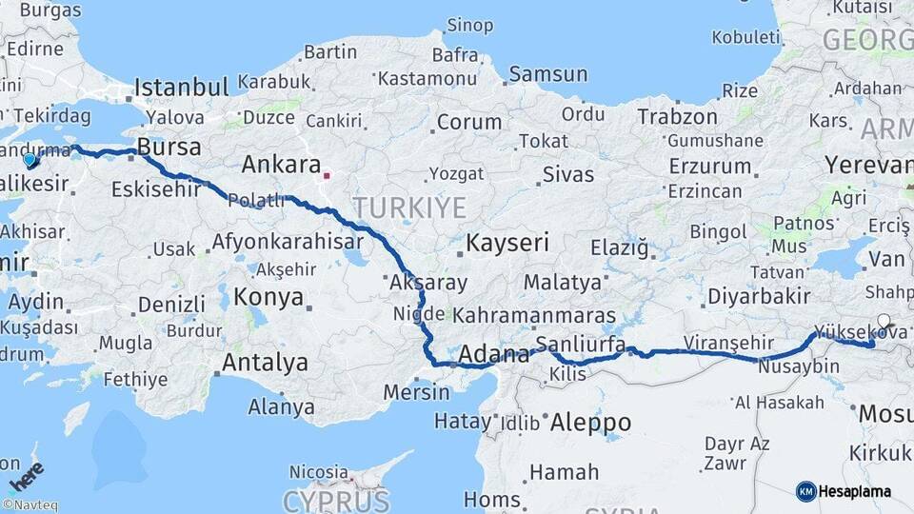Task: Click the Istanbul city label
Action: pos(181,88)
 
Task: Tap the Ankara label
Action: pos(281,164)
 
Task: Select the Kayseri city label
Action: pos(507,243)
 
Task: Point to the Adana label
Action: pos(494,355)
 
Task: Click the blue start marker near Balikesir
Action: pos(30,160)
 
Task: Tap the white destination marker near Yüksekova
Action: pos(884,322)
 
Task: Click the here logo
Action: pos(28,472)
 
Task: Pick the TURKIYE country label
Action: pos(409,207)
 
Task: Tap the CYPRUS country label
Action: pos(336,500)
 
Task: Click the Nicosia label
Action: pos(318,472)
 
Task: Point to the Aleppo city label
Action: pos(590,422)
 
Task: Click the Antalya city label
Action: pos(265,363)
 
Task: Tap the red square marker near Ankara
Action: pos(327,175)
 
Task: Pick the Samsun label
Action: pos(548,74)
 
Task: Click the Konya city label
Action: pos(268,296)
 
